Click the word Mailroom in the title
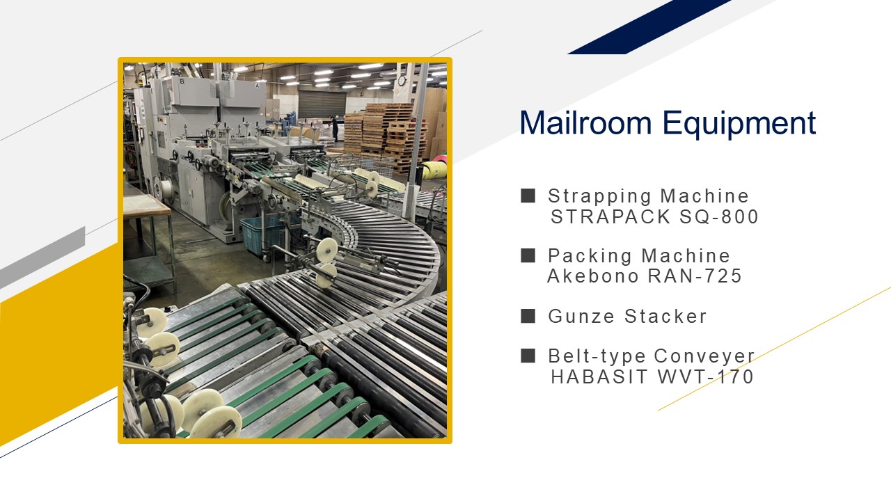(x=585, y=122)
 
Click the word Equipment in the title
(x=739, y=124)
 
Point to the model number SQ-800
(x=719, y=216)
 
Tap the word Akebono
(x=593, y=276)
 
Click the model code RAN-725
(x=695, y=276)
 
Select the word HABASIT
(x=599, y=376)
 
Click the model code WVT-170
(x=706, y=376)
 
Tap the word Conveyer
(x=704, y=356)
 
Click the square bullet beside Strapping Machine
(x=528, y=196)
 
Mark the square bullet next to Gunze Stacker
(x=528, y=316)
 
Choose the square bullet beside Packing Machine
(x=528, y=255)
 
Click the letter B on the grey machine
(x=182, y=81)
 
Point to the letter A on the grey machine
(x=258, y=85)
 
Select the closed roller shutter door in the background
(x=322, y=104)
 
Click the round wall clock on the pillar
(x=402, y=81)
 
